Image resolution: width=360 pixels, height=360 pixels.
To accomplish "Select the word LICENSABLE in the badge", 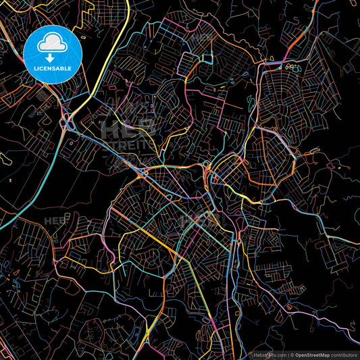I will click(53, 68).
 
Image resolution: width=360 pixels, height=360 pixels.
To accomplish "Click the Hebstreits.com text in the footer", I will click(268, 355).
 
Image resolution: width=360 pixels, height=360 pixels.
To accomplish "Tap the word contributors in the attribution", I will click(344, 355).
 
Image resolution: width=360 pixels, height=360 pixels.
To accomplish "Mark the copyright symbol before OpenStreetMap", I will click(292, 355).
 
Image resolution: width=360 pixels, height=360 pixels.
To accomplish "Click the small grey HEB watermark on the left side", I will click(55, 221).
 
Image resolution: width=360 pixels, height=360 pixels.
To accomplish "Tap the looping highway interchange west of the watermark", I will click(67, 123).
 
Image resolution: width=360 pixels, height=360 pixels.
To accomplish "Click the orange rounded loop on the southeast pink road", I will click(290, 307).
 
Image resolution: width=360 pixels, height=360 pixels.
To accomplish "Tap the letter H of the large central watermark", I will click(107, 126).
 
